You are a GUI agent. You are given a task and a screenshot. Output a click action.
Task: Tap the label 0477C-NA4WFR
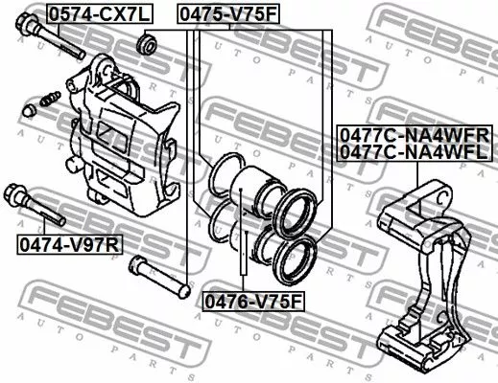pos(414,135)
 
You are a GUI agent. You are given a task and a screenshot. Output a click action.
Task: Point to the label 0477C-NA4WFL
pos(414,151)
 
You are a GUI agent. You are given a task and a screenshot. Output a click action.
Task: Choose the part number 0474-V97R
pos(70,245)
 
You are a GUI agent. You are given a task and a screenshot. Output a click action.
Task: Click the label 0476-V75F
pos(252,302)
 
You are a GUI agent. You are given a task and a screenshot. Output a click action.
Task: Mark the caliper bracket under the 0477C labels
pos(418,278)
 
